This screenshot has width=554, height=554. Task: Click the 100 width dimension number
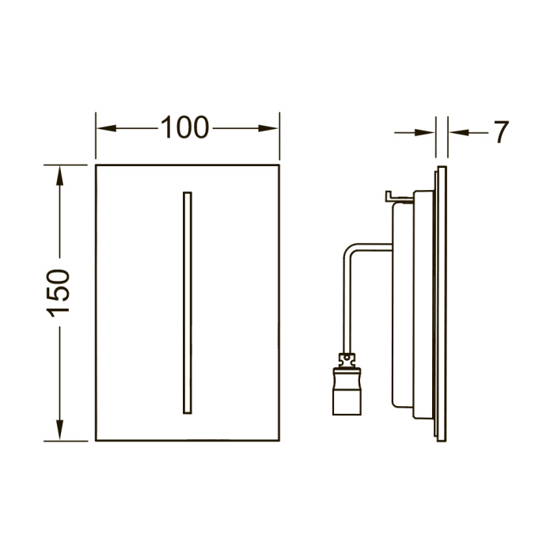pos(184,127)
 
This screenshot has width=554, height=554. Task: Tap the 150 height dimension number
pos(59,293)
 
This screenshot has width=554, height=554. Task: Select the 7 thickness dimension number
pos(501,132)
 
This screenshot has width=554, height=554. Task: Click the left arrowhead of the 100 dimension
pos(106,128)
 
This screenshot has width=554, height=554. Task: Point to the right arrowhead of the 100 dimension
pos(268,128)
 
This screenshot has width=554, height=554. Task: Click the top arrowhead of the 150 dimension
pos(59,176)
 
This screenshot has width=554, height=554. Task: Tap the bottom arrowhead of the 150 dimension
pos(59,430)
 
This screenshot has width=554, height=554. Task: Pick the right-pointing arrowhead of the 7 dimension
pos(425,133)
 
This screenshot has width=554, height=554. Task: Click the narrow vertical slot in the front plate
pos(188,303)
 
